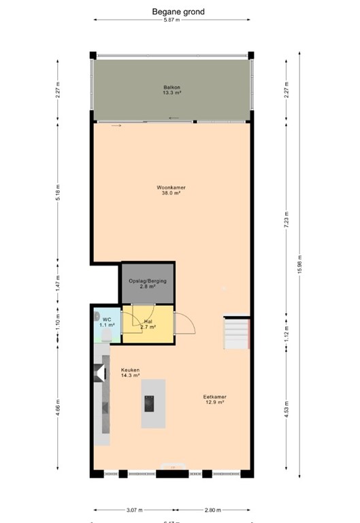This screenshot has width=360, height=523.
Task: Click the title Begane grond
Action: coord(179,12)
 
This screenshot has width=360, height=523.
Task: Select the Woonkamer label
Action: coord(171,187)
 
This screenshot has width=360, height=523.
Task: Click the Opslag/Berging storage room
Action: coord(148,283)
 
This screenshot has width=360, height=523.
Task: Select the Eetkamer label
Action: coord(214,397)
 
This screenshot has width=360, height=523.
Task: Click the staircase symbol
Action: coord(237,333)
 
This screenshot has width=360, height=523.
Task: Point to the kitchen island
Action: coord(153,402)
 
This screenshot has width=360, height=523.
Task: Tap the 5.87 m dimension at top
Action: coord(171,20)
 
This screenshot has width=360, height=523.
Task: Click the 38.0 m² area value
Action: coord(171,193)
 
